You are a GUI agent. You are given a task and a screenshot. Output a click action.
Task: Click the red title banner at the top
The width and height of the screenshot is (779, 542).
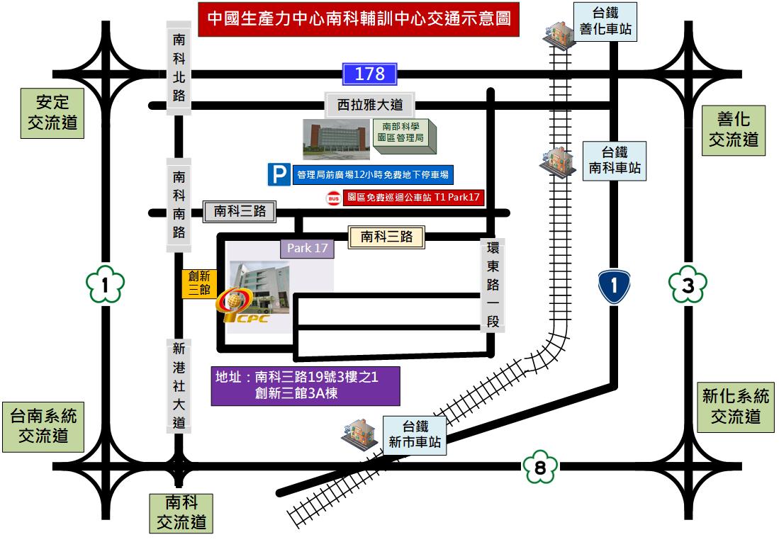[x=359, y=19]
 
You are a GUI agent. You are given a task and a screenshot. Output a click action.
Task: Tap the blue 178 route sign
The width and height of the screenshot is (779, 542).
[x=369, y=74]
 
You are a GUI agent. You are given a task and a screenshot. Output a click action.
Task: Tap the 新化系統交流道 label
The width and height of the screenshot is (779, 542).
[x=735, y=406]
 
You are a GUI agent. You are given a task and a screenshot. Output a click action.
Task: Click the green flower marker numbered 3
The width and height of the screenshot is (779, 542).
[x=688, y=286]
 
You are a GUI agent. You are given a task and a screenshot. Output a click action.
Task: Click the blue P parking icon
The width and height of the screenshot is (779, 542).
[x=279, y=174]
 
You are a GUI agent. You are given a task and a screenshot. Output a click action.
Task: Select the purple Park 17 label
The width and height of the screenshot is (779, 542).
[x=307, y=248]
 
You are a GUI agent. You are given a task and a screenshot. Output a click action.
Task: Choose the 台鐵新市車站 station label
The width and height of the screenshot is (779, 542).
[x=415, y=435]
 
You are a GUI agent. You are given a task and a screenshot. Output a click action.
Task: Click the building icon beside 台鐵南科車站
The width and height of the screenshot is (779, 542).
[x=556, y=162]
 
